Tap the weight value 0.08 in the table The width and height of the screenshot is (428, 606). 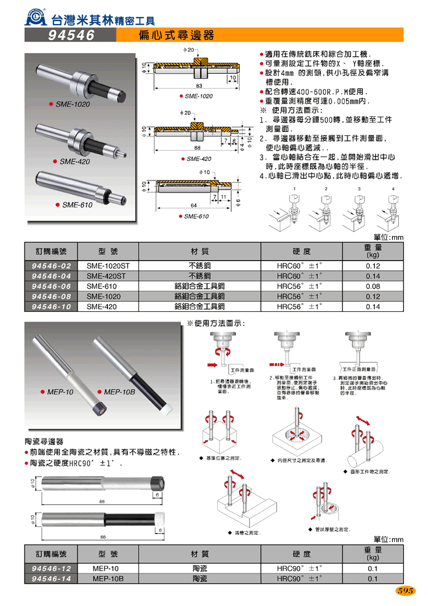point(372,286)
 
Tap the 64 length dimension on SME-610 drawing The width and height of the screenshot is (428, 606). point(178,204)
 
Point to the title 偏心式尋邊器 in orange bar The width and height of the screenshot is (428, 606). point(177,35)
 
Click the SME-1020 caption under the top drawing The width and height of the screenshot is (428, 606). point(198,96)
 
